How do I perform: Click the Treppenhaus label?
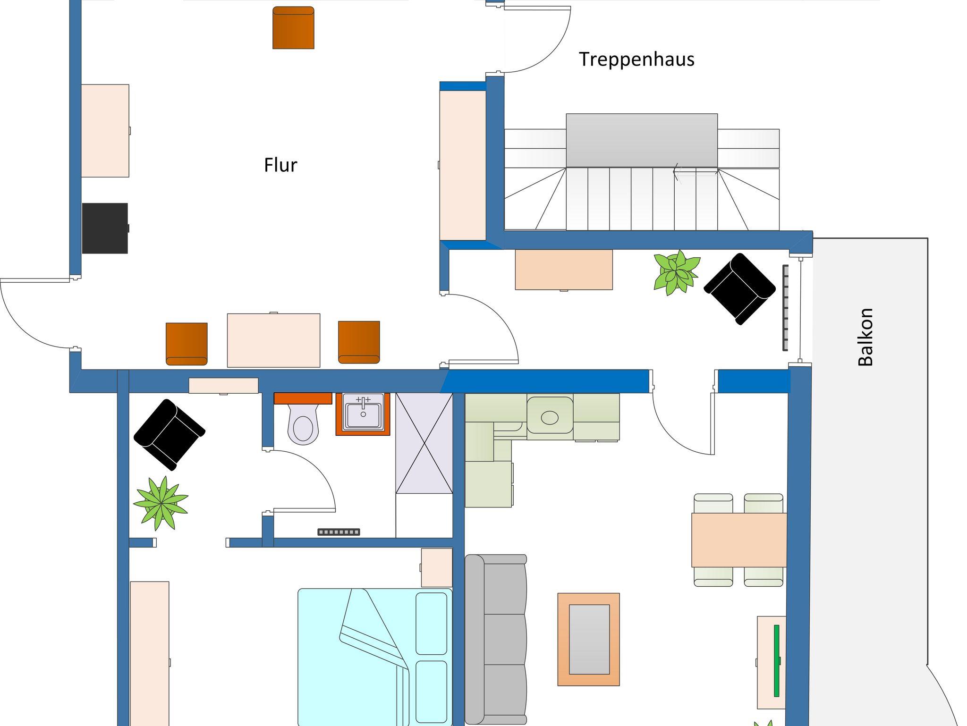(636, 59)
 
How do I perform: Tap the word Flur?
(280, 165)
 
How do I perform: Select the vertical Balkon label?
(865, 337)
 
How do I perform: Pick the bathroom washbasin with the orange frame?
(363, 414)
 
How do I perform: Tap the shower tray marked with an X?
(424, 443)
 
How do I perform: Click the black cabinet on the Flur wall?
(105, 228)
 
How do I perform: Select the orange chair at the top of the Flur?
(293, 27)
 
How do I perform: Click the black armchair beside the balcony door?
(740, 288)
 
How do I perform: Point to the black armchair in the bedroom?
(170, 434)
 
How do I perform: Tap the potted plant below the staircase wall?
(676, 273)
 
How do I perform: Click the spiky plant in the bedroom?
(161, 503)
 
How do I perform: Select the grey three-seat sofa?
(496, 640)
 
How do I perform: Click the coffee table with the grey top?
(589, 639)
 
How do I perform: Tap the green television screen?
(776, 661)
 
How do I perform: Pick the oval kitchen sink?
(550, 417)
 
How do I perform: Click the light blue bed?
(375, 657)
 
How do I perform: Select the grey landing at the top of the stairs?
(642, 140)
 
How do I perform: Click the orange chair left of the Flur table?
(187, 344)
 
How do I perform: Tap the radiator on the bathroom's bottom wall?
(339, 532)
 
